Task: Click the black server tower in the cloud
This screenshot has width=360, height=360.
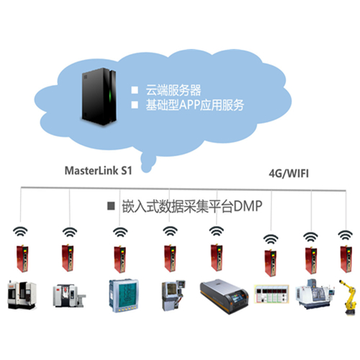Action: point(99,96)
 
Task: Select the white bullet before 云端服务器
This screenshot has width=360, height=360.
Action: point(135,90)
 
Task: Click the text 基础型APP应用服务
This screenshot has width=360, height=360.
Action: point(195,105)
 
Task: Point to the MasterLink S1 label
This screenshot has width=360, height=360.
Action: point(99,171)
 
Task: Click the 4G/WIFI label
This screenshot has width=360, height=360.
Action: point(289,174)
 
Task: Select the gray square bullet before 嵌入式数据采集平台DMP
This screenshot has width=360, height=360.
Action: point(111,206)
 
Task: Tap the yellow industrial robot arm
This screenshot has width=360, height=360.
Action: point(348,297)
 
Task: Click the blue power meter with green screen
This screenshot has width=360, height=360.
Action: point(124,295)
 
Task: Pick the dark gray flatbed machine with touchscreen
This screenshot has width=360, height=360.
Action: point(225,296)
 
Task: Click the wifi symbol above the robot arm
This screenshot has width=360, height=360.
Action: point(345,235)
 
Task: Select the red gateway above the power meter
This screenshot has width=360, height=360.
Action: point(120,259)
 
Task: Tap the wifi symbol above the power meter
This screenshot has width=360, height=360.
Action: point(120,233)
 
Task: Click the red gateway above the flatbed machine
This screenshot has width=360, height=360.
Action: point(217,258)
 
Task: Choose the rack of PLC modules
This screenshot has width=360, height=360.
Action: point(271,294)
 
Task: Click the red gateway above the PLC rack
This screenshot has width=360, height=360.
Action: point(271,263)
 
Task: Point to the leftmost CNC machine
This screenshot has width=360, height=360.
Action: point(22,294)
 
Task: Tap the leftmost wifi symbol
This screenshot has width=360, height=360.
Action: point(20,232)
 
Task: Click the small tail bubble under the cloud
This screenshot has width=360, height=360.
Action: point(148,163)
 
